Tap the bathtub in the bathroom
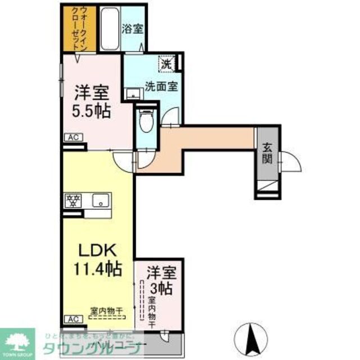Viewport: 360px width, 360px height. coord(109,29)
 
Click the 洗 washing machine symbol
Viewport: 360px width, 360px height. coord(167,64)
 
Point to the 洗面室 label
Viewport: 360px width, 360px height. coord(161,87)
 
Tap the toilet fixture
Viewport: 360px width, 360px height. coord(145,120)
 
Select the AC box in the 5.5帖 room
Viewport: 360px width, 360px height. coord(73,137)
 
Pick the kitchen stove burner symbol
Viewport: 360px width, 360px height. coord(73,200)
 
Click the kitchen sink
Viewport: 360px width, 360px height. coord(101,200)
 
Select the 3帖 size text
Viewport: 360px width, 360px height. coord(163,290)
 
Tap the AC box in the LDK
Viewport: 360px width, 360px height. coord(73,319)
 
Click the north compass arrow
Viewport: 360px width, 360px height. coord(250,336)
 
